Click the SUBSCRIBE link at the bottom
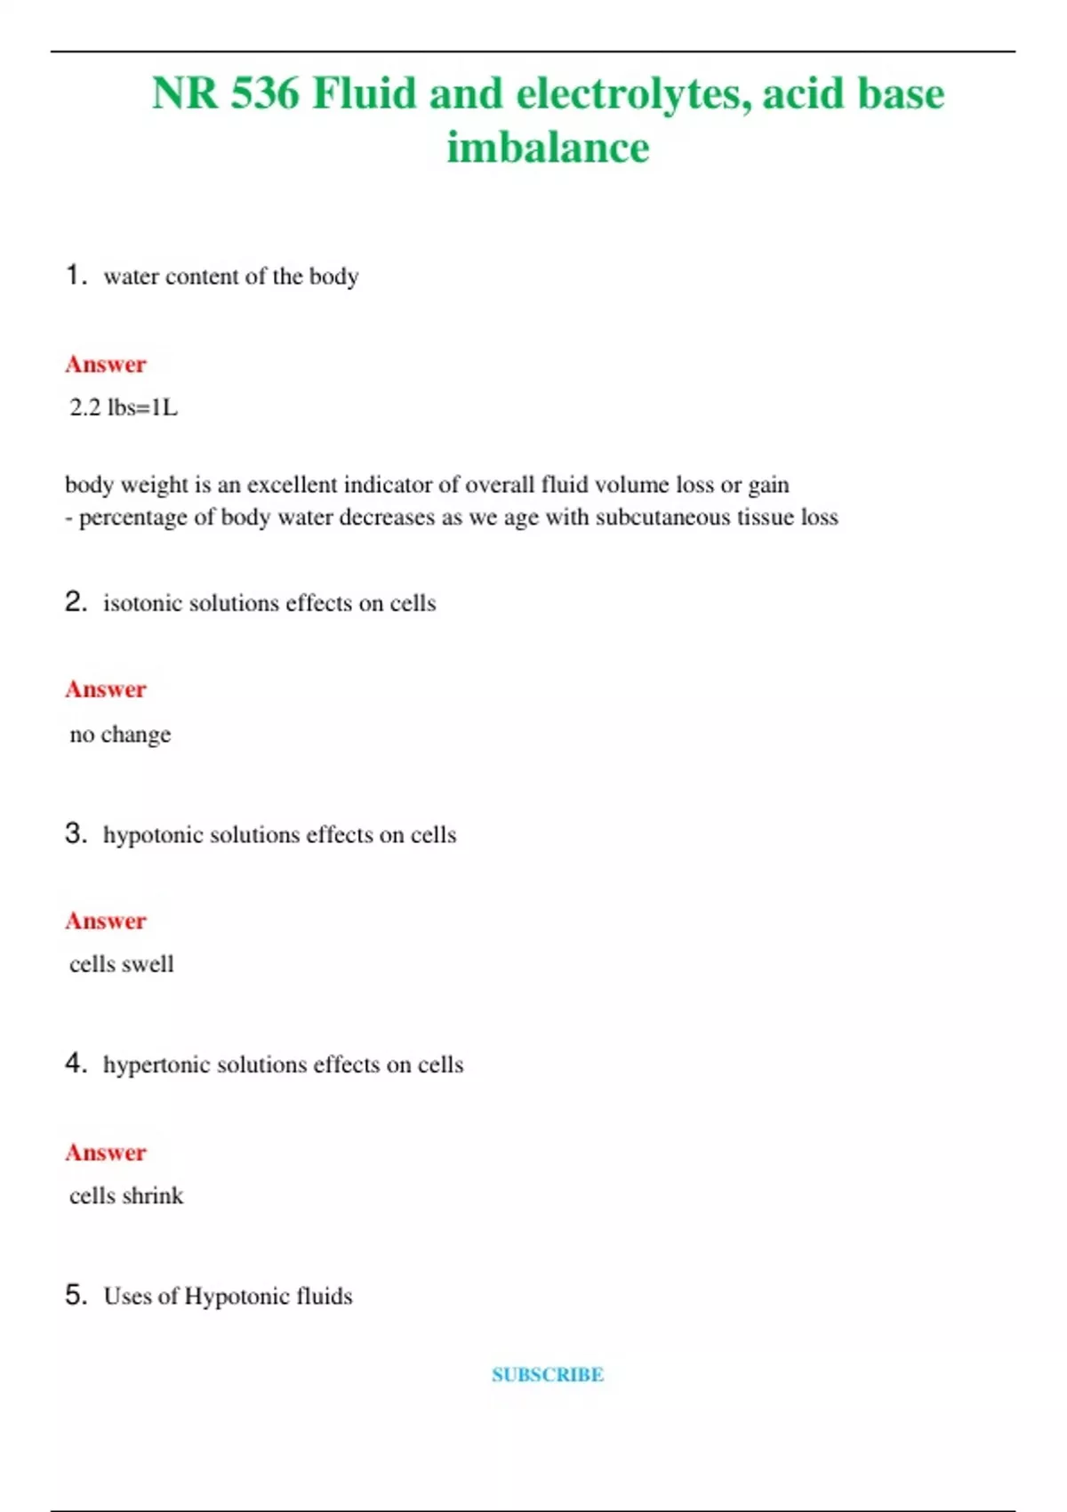pyautogui.click(x=548, y=1374)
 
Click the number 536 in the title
pyautogui.click(x=265, y=93)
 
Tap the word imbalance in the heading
pyautogui.click(x=548, y=148)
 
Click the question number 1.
pyautogui.click(x=76, y=275)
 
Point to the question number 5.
pyautogui.click(x=76, y=1295)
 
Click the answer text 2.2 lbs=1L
pyautogui.click(x=124, y=407)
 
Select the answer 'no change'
pyautogui.click(x=120, y=735)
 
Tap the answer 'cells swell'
pyautogui.click(x=122, y=964)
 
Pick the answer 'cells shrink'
pyautogui.click(x=126, y=1195)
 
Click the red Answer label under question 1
pyautogui.click(x=106, y=364)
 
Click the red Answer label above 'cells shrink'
pyautogui.click(x=106, y=1153)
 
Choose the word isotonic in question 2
pyautogui.click(x=142, y=603)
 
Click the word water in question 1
pyautogui.click(x=131, y=277)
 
